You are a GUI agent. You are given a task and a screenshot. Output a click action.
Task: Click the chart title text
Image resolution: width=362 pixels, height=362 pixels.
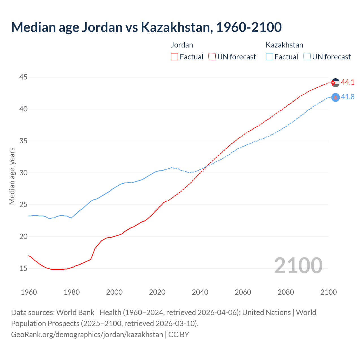[146, 27]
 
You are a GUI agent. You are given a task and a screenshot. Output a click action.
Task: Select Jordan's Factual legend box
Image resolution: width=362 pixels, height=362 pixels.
[174, 57]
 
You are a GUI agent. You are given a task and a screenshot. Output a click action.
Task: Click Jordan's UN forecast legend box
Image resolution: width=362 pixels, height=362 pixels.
[212, 57]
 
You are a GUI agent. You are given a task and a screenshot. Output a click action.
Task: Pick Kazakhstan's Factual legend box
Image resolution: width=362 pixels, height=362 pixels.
[270, 57]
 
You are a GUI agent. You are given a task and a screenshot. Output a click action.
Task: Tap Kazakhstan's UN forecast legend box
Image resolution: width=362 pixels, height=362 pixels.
[307, 57]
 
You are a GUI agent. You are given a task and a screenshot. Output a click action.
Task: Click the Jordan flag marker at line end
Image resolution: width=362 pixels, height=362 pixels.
[335, 83]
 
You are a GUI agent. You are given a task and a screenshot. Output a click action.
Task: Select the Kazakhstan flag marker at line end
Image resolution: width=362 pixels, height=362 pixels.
[335, 97]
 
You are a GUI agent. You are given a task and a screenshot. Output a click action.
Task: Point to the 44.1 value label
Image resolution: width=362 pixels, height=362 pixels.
[348, 82]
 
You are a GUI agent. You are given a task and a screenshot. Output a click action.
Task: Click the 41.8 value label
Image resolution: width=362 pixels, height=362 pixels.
[348, 97]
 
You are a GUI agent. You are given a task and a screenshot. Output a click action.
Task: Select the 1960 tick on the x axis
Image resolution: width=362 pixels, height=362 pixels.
[29, 292]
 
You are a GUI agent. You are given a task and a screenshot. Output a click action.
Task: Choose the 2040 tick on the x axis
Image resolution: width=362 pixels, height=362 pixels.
[200, 292]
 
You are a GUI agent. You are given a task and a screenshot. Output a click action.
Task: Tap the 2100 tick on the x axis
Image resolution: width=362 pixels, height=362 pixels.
[328, 292]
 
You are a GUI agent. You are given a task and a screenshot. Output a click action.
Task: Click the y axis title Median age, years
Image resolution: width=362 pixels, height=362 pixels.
[12, 176]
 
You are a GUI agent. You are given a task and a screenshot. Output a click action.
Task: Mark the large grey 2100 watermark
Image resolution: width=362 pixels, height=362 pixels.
[298, 266]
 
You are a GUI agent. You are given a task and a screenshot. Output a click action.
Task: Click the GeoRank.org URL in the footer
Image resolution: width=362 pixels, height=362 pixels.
[87, 335]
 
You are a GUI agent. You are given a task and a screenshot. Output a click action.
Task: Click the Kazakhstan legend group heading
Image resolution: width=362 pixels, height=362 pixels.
[284, 45]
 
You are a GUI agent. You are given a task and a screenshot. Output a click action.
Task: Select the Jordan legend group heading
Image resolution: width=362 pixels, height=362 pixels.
[182, 45]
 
